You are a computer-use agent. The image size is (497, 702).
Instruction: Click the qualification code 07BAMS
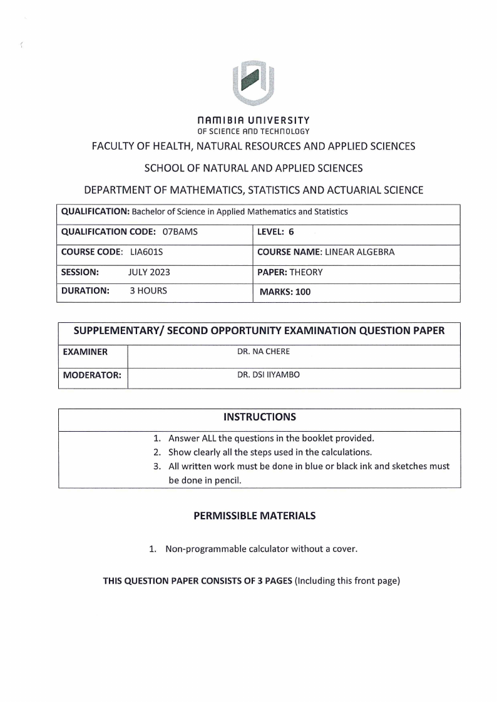[x=180, y=231]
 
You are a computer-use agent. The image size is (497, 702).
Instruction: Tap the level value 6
[x=291, y=231]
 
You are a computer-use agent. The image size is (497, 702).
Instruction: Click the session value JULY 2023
[x=149, y=272]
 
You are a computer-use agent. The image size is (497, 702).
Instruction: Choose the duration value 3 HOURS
[x=148, y=291]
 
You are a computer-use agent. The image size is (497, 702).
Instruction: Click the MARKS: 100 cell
[x=284, y=292]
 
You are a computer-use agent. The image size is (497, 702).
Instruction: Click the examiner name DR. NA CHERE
[x=264, y=352]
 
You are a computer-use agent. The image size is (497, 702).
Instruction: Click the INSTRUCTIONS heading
[x=259, y=417]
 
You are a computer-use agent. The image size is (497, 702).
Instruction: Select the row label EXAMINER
[x=85, y=352]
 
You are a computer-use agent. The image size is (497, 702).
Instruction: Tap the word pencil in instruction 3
[x=227, y=481]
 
